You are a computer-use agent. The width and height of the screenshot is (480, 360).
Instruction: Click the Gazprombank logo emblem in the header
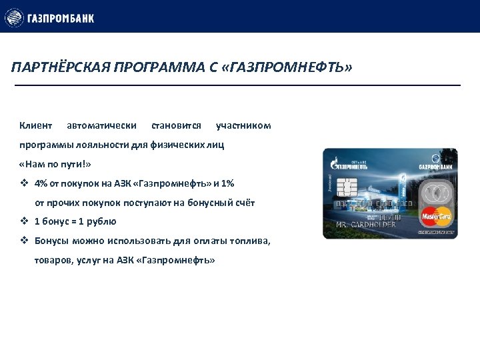[14, 17]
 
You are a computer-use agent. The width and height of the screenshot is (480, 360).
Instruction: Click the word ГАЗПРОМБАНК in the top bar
[61, 18]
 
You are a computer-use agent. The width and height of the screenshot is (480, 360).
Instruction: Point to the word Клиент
[35, 125]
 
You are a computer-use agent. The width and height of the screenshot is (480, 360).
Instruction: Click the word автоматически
[102, 125]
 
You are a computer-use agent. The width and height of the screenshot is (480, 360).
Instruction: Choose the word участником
[243, 125]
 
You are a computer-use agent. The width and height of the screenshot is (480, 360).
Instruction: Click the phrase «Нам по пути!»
[55, 164]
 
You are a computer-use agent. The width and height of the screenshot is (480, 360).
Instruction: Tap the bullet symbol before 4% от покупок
[24, 183]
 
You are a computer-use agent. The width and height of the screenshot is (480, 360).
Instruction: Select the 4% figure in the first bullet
[41, 183]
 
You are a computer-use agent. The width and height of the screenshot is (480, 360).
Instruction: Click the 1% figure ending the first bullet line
[227, 183]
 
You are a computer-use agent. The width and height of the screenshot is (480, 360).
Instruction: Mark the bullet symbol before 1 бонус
[24, 222]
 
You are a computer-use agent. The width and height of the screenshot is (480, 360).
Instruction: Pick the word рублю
[103, 222]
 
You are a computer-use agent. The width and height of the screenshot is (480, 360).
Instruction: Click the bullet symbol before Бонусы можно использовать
[24, 241]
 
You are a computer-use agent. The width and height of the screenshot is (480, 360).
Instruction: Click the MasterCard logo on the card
[436, 216]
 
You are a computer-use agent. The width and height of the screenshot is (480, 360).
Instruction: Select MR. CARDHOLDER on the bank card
[365, 225]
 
